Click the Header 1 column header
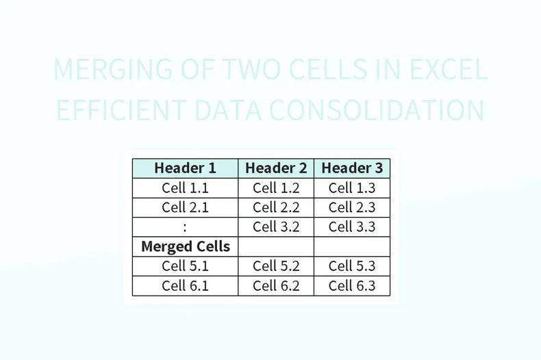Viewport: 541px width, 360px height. pyautogui.click(x=185, y=168)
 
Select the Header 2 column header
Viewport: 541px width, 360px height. pyautogui.click(x=276, y=168)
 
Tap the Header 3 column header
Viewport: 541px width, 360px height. pyautogui.click(x=352, y=168)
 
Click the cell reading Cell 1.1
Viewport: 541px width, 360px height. pyautogui.click(x=185, y=188)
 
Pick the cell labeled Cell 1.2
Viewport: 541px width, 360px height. pyautogui.click(x=276, y=188)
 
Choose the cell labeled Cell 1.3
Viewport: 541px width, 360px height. pyautogui.click(x=352, y=188)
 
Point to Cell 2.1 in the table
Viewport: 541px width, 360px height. pyautogui.click(x=185, y=207)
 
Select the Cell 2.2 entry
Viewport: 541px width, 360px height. pyautogui.click(x=276, y=207)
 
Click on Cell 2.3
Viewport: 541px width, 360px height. pyautogui.click(x=352, y=207)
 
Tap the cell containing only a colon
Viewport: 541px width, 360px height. pyautogui.click(x=185, y=227)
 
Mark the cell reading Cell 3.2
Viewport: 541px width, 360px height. pyautogui.click(x=276, y=227)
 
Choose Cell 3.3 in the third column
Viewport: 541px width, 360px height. pyautogui.click(x=352, y=227)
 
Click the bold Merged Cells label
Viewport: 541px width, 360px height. pyautogui.click(x=185, y=246)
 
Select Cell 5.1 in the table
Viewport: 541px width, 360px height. pyautogui.click(x=185, y=266)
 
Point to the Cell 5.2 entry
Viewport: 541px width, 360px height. pyautogui.click(x=276, y=266)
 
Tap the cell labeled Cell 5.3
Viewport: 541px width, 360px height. pyautogui.click(x=352, y=266)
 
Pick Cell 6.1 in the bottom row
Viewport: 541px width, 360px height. pyautogui.click(x=185, y=285)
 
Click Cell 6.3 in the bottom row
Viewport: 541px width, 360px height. pyautogui.click(x=352, y=285)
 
